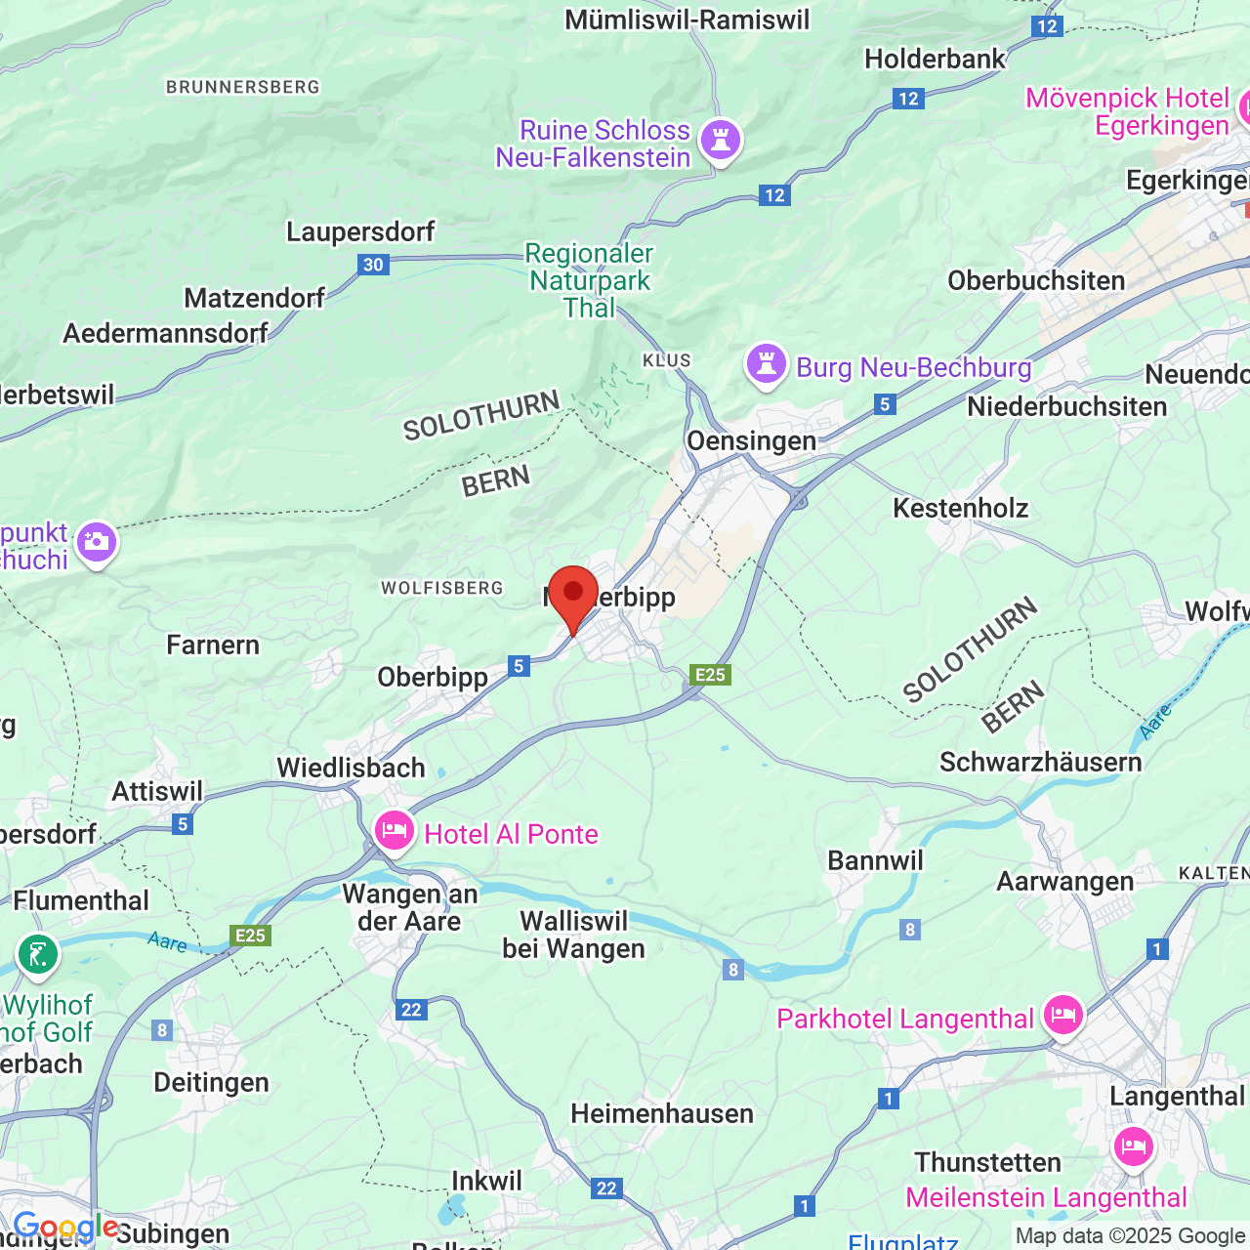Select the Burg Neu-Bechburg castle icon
(767, 366)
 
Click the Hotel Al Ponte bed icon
(394, 832)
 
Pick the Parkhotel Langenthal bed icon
(1062, 1017)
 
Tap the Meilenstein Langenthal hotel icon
(1133, 1146)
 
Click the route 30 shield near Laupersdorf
(373, 265)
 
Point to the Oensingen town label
(751, 441)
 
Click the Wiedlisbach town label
(351, 769)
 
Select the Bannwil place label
(875, 860)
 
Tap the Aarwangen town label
(1064, 882)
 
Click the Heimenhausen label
(662, 1114)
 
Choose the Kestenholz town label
(960, 508)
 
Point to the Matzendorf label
(254, 298)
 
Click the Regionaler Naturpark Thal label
(589, 280)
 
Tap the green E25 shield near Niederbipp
(710, 675)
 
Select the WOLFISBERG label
(441, 588)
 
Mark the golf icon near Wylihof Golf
(38, 955)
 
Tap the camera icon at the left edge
(97, 542)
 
